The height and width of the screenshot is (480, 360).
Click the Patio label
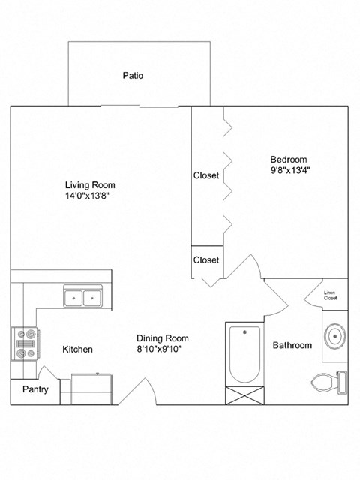(133, 76)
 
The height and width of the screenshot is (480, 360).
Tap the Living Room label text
(90, 185)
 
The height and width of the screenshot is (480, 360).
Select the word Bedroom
(289, 160)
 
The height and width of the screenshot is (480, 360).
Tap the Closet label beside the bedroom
(206, 176)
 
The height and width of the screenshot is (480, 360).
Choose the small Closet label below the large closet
(206, 260)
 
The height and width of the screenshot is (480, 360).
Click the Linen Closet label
(330, 295)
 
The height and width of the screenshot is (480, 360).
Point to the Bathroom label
(292, 346)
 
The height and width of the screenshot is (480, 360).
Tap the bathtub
(244, 352)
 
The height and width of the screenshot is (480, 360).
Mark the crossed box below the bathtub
(244, 394)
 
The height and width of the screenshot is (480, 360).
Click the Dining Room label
(161, 337)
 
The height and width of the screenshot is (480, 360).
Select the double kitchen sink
(82, 297)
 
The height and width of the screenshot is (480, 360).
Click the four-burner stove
(25, 344)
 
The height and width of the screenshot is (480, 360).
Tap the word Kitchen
(77, 349)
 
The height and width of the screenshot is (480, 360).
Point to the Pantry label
(34, 389)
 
